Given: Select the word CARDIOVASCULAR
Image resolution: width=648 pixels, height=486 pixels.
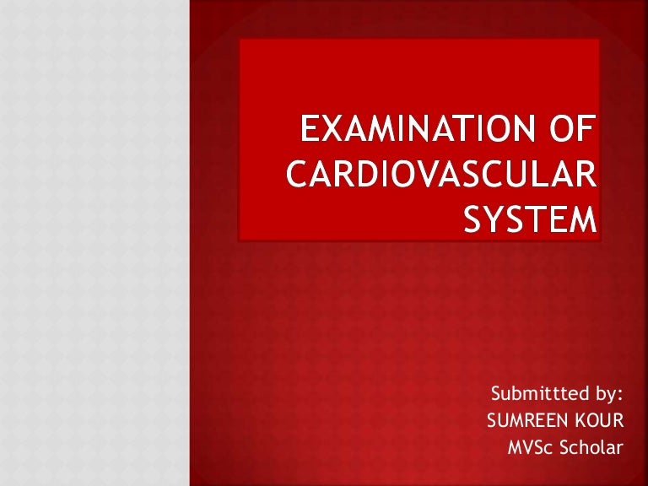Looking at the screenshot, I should point(440,176).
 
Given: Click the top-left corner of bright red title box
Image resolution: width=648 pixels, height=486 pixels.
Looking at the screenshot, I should point(240,40).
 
